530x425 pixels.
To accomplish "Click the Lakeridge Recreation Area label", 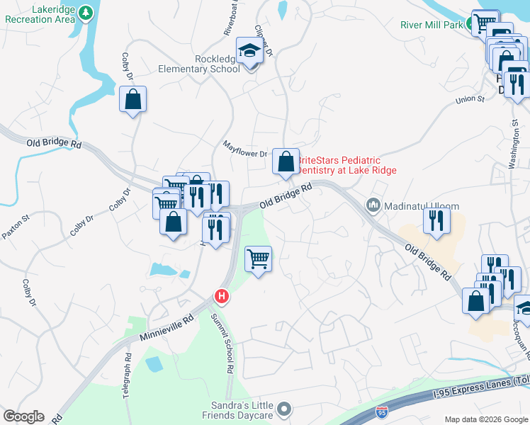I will click(40, 13).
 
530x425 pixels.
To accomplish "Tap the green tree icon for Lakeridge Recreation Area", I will click(86, 13).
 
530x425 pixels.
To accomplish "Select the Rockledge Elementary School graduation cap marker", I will click(249, 51).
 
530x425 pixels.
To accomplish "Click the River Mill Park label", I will click(429, 25).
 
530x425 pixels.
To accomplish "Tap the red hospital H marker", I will click(222, 296).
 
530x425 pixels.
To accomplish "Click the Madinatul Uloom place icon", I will click(373, 205).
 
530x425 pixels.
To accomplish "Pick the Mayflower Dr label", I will click(244, 153).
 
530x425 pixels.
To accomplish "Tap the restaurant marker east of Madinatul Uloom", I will click(436, 220).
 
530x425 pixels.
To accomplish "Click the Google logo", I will click(23, 416).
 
